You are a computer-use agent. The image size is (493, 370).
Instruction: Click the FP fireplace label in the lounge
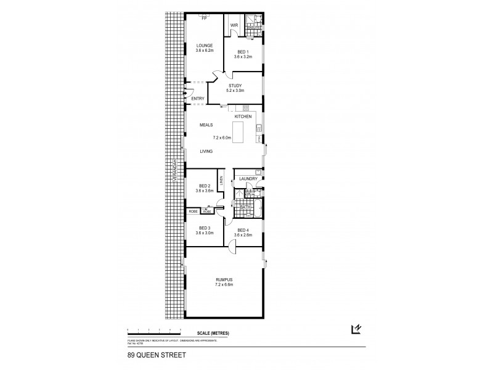click(x=205, y=18)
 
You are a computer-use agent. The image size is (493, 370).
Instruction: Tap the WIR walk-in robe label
click(x=234, y=25)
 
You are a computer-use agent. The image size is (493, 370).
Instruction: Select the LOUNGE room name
click(x=205, y=46)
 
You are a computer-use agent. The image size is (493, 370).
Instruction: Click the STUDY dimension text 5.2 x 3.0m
click(x=235, y=91)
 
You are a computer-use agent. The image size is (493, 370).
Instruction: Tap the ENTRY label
click(x=198, y=99)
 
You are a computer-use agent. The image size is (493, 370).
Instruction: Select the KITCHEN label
click(x=243, y=116)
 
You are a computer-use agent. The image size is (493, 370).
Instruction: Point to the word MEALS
click(x=205, y=125)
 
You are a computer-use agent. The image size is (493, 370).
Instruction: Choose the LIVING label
click(x=206, y=151)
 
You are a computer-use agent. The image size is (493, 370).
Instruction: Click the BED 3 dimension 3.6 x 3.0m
click(x=205, y=233)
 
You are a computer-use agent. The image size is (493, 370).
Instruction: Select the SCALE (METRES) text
click(x=214, y=334)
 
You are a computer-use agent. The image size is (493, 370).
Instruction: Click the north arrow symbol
click(x=355, y=329)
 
